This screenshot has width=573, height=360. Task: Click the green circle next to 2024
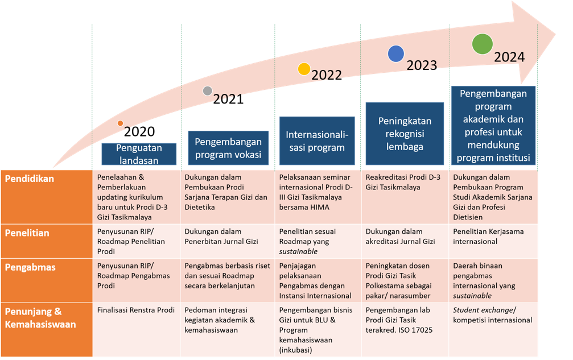click(x=482, y=44)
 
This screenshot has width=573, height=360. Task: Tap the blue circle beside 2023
click(x=395, y=54)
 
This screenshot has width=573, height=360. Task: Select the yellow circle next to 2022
click(x=304, y=69)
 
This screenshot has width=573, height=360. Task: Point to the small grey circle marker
click(x=208, y=91)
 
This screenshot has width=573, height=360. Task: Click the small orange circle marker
click(x=120, y=123)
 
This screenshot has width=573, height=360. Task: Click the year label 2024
click(x=509, y=57)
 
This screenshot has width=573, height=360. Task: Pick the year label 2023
click(x=421, y=65)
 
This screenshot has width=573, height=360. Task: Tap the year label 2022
click(x=327, y=75)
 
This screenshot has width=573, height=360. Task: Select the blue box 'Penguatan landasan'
click(x=139, y=154)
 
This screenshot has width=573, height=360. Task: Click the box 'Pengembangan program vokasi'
click(x=228, y=148)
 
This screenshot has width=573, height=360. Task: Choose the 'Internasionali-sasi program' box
click(x=316, y=141)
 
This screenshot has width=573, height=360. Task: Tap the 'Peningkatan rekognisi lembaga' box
click(x=404, y=134)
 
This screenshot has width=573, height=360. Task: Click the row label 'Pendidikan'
click(x=30, y=179)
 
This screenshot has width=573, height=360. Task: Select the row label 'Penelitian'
click(x=27, y=233)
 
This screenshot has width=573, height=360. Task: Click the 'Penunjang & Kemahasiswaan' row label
click(x=40, y=318)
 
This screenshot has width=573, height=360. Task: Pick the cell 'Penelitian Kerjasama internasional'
click(x=488, y=237)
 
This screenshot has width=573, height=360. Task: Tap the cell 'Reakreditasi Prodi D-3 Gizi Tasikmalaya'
click(x=403, y=182)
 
